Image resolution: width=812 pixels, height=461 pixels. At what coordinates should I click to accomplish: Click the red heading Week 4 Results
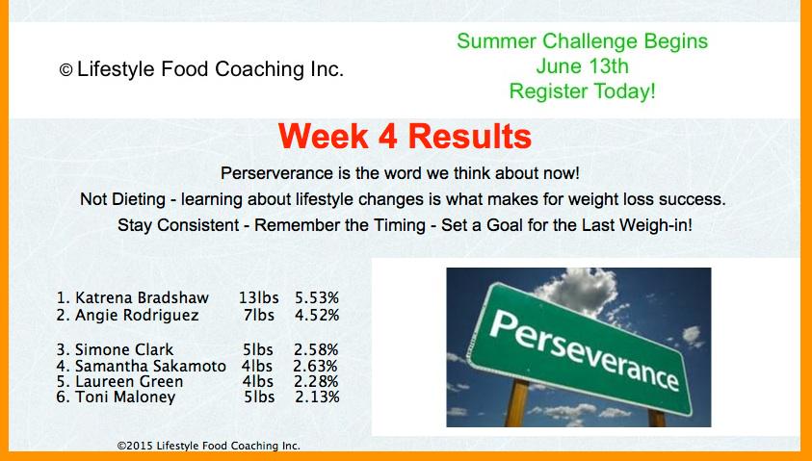pos(405,136)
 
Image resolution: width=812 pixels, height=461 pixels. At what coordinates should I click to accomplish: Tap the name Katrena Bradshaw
pos(142,298)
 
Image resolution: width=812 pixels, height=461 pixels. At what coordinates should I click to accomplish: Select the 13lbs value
pos(258,298)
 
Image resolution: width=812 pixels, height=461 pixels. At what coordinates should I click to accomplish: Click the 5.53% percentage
pos(317,298)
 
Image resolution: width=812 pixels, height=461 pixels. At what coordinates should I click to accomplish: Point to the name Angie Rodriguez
pos(137,315)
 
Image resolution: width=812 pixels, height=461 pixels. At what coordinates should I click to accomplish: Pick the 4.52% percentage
pos(317,315)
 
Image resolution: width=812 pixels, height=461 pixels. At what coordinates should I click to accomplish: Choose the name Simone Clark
pos(124,349)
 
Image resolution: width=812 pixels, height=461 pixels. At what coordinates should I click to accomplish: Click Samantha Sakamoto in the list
pos(150,366)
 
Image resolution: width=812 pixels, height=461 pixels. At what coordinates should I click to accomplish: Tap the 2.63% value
pos(315,366)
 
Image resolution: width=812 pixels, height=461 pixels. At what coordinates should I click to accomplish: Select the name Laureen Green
pos(129,382)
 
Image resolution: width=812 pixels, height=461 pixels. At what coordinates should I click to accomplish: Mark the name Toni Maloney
pos(125,397)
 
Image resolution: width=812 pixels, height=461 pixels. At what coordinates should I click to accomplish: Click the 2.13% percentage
pos(318,397)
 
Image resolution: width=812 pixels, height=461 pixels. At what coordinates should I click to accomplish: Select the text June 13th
pos(582,66)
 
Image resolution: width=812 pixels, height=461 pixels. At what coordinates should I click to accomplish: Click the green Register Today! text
pos(582,91)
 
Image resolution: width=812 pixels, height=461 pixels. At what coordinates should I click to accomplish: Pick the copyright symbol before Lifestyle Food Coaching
pos(65,70)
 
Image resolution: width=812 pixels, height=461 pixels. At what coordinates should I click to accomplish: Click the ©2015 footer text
pos(208,446)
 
